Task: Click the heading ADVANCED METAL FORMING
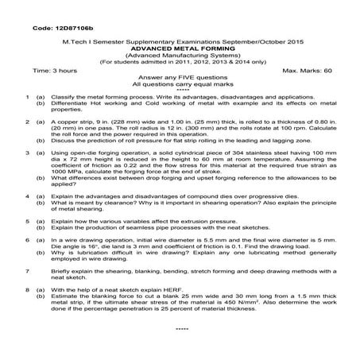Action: [180, 48]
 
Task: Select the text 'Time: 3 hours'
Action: [55, 71]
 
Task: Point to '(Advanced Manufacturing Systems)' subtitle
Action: [180, 55]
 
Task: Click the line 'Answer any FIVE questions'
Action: [181, 77]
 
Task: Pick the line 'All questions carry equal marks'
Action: [181, 83]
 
